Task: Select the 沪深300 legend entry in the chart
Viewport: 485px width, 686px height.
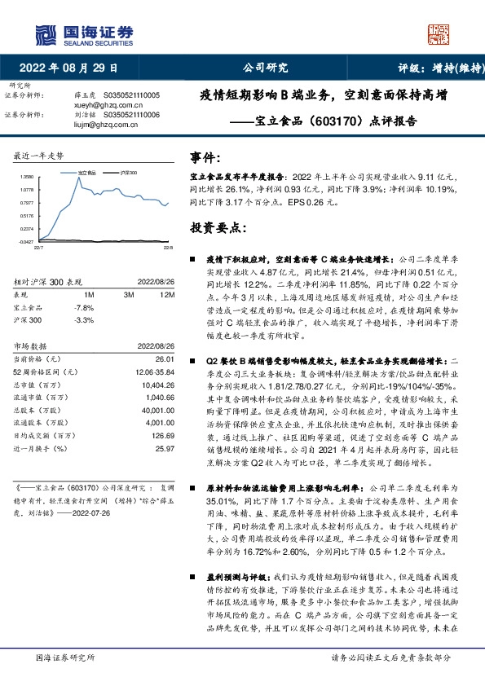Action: pyautogui.click(x=126, y=173)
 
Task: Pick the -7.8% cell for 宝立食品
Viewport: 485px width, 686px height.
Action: pyautogui.click(x=84, y=307)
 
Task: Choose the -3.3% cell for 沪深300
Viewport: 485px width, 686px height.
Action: pyautogui.click(x=84, y=320)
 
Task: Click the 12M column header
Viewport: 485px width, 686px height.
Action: pyautogui.click(x=168, y=294)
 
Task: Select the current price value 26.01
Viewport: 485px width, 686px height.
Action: pyautogui.click(x=165, y=359)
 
